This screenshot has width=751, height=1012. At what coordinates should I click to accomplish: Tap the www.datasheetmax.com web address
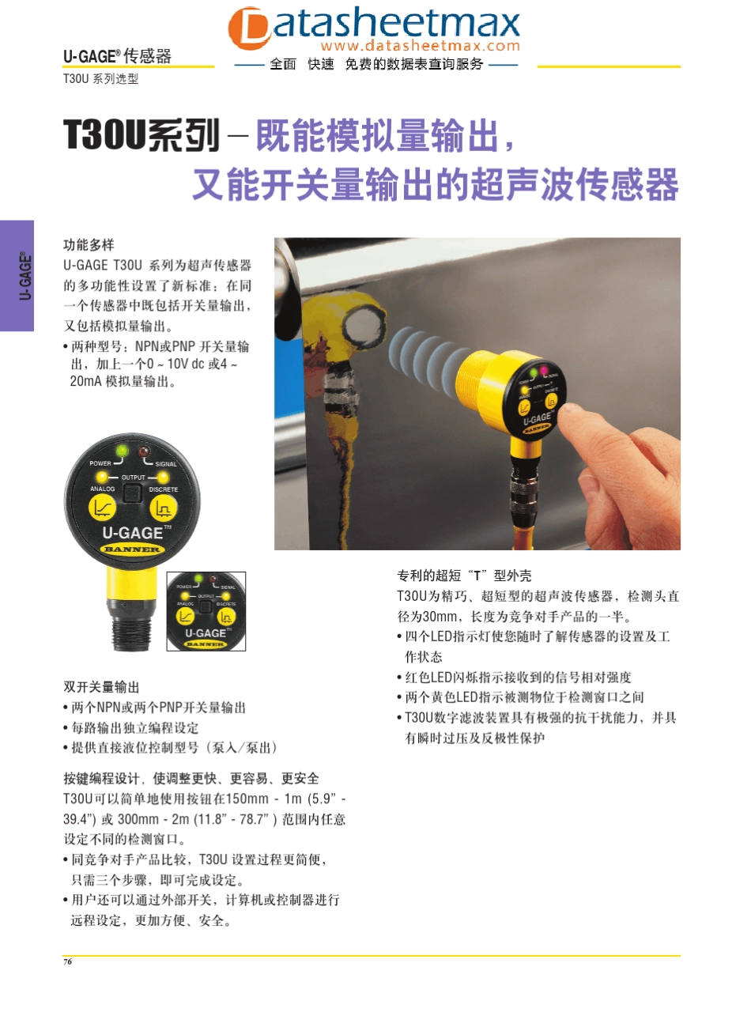(x=420, y=46)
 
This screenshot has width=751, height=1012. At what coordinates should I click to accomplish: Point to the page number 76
(x=67, y=962)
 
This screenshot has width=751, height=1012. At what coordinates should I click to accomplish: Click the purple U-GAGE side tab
(x=17, y=276)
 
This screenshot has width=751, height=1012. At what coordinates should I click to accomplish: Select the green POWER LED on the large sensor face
(x=122, y=451)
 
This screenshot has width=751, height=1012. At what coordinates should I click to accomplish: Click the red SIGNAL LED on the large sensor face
(x=144, y=451)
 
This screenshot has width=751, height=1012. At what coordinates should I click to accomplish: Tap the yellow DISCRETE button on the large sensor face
(x=164, y=508)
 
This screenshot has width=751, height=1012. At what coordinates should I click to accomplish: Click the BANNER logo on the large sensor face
(x=132, y=549)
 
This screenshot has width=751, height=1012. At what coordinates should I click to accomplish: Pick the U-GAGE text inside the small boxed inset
(x=206, y=632)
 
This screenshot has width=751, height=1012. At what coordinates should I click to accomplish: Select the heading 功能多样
(x=89, y=245)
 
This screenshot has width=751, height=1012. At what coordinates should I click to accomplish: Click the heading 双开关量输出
(x=101, y=687)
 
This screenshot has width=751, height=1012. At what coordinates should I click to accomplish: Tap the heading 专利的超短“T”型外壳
(x=464, y=576)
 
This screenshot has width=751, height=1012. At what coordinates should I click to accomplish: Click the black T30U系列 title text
(x=142, y=134)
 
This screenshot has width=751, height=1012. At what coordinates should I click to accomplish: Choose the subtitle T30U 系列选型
(x=100, y=79)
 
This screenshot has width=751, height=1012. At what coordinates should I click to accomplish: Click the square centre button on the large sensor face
(x=132, y=493)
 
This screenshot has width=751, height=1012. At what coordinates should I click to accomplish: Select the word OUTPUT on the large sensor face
(x=134, y=478)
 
